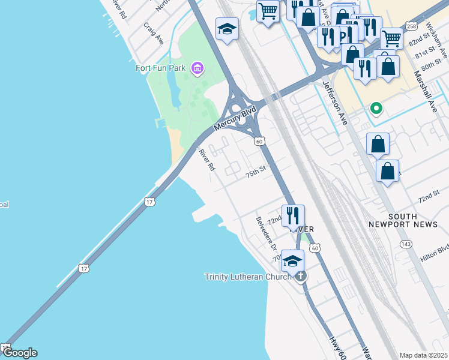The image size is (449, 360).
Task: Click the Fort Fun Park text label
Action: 160,68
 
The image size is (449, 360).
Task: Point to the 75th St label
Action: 255,172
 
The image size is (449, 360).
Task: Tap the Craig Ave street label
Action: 154,34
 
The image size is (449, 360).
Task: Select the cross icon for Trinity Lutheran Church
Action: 300,276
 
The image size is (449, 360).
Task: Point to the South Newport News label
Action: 412,220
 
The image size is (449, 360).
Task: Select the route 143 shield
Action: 406,244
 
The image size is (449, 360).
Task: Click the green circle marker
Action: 376,109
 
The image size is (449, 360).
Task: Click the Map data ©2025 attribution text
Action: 423,355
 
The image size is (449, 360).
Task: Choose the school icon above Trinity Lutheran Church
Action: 292,260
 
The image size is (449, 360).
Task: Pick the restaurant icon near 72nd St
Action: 293,215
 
